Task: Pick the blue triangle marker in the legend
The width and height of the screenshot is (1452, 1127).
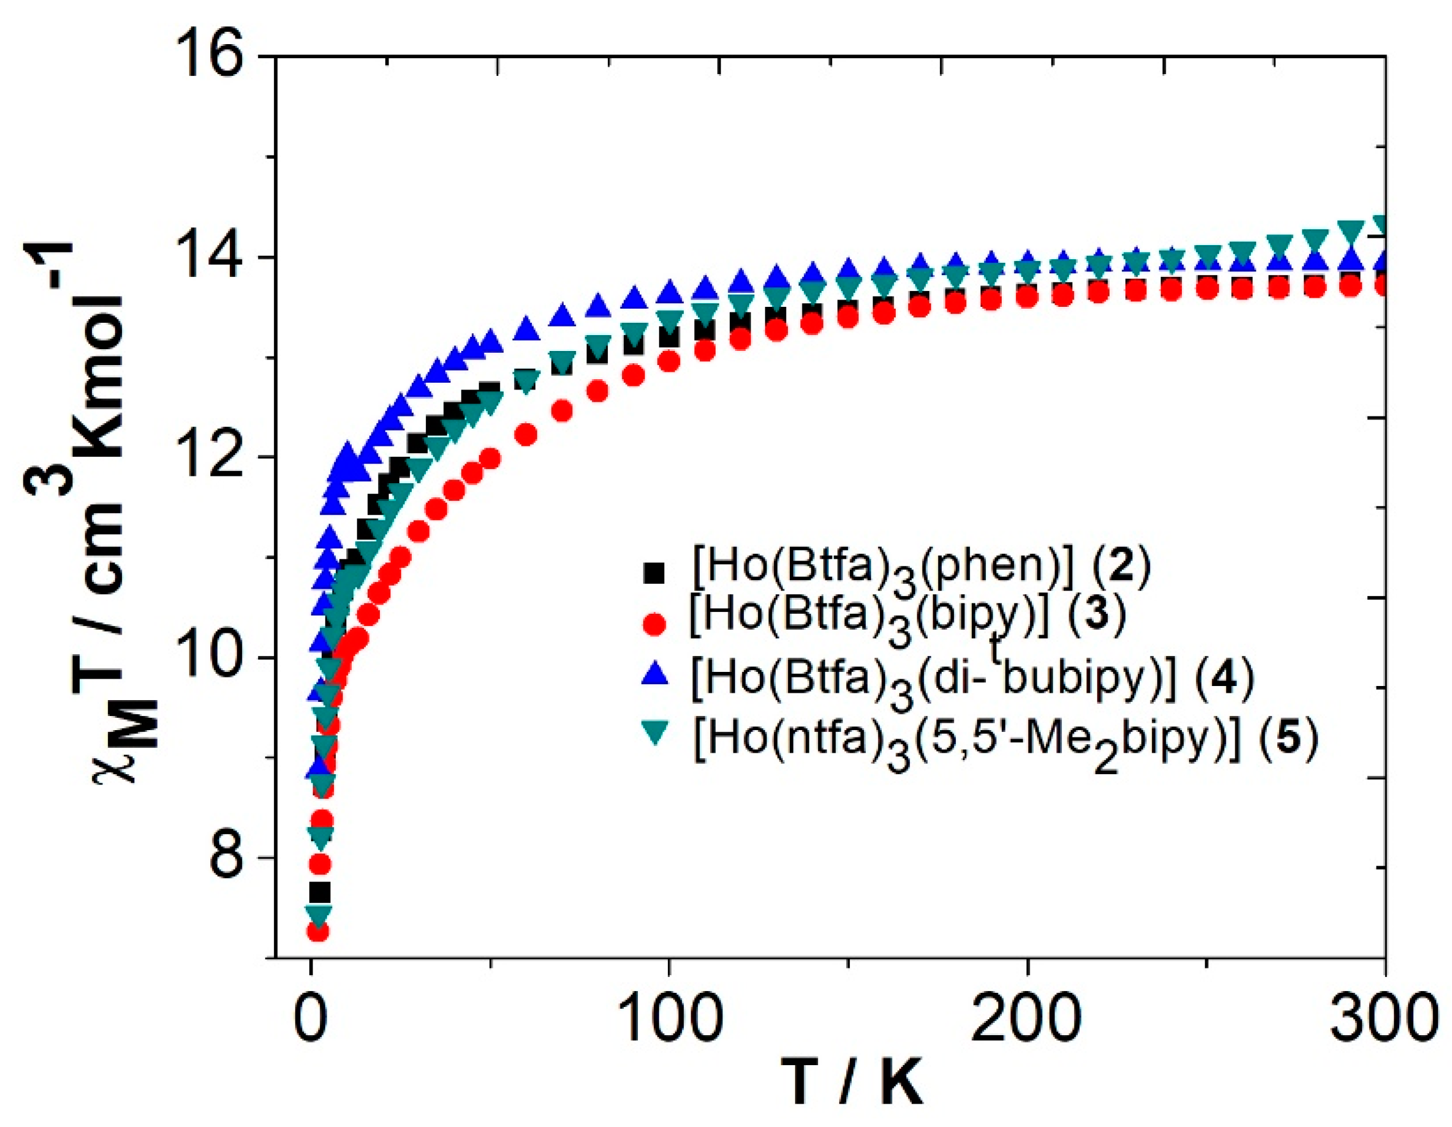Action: tap(655, 675)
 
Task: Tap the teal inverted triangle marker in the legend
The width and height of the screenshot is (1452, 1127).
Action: tap(655, 734)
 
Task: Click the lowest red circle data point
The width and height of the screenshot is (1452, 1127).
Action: tap(319, 932)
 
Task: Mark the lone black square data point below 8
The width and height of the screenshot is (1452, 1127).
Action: tap(320, 892)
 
